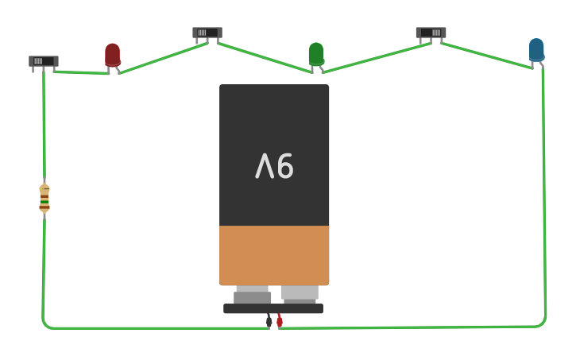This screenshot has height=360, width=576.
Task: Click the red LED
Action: click(x=112, y=55)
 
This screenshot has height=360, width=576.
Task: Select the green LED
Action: click(x=316, y=54)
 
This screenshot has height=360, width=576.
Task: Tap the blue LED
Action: click(x=536, y=50)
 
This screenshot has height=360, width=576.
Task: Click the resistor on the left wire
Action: click(x=44, y=199)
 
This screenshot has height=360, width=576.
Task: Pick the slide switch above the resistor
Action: click(x=44, y=61)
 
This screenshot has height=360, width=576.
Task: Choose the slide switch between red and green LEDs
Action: click(x=207, y=33)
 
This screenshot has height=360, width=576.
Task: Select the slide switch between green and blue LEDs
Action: click(x=431, y=33)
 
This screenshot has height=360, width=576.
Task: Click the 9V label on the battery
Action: click(x=274, y=166)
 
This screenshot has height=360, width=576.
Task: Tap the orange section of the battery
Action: click(x=274, y=255)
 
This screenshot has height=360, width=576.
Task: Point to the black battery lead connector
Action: click(x=269, y=321)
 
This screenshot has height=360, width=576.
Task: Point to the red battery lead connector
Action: click(x=280, y=321)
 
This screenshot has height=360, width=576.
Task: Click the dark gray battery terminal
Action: click(x=252, y=296)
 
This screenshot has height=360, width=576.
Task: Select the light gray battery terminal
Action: click(x=300, y=294)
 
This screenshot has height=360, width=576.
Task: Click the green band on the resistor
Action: click(x=44, y=202)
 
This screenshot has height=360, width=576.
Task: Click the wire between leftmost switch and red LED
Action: click(x=82, y=72)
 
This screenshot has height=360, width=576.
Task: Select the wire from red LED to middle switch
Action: click(x=164, y=58)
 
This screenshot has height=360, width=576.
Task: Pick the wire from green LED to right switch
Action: click(x=377, y=58)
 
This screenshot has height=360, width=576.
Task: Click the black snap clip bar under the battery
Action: click(x=273, y=308)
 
